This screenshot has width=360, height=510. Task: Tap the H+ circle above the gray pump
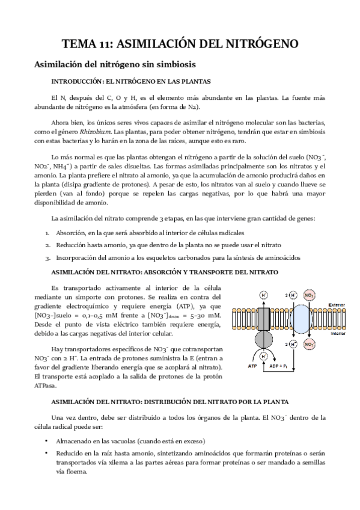263,295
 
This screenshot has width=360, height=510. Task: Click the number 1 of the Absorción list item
47,233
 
